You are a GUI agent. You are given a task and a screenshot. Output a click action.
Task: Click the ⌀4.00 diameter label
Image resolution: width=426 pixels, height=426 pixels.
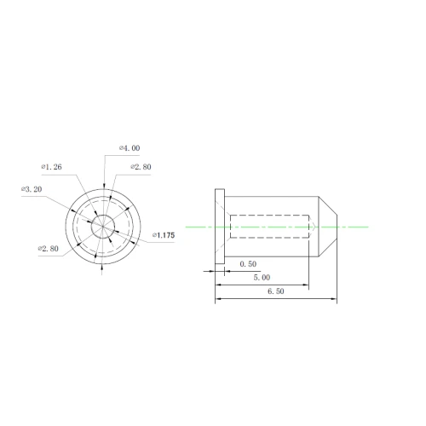pyautogui.click(x=130, y=148)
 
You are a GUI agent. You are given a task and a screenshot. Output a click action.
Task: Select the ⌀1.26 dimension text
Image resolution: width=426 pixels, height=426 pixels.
pyautogui.click(x=51, y=167)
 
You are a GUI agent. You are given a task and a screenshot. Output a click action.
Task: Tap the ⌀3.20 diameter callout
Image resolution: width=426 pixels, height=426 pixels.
pyautogui.click(x=32, y=189)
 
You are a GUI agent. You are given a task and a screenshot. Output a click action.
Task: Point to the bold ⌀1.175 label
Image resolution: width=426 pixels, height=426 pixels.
pyautogui.click(x=164, y=235)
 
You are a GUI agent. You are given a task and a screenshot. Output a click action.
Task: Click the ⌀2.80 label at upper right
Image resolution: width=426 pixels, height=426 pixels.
pyautogui.click(x=141, y=167)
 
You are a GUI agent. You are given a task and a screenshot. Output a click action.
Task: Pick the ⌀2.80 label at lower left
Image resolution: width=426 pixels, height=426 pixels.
pyautogui.click(x=49, y=249)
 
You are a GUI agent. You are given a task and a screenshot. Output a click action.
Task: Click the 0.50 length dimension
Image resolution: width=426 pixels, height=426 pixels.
pyautogui.click(x=248, y=264)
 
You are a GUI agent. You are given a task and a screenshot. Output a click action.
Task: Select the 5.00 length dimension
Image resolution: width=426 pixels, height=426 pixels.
pyautogui.click(x=262, y=278)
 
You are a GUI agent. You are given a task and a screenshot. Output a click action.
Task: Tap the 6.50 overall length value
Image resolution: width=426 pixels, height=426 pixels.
pyautogui.click(x=276, y=291)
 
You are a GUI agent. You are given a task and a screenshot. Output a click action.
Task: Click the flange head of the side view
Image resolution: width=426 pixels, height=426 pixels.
pyautogui.click(x=220, y=227)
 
